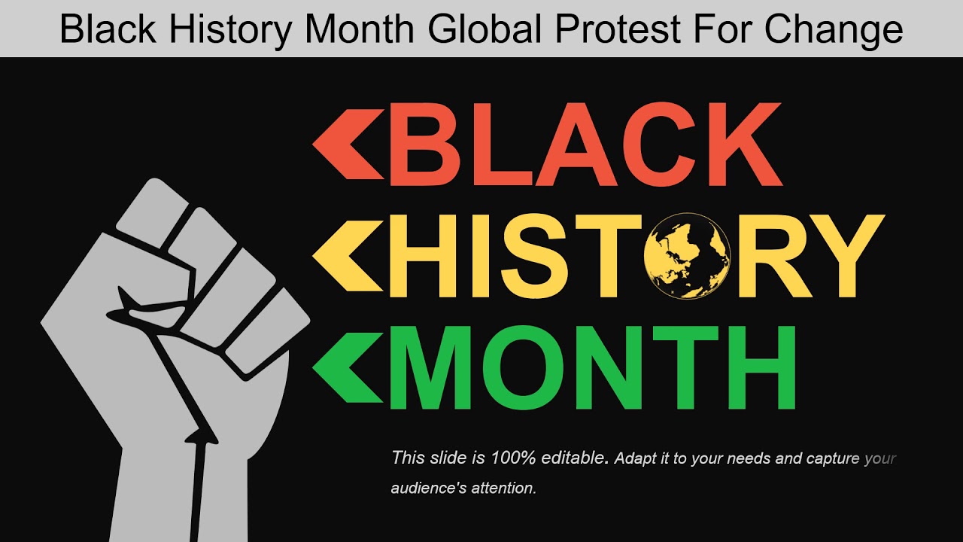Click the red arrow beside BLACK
(x=342, y=144)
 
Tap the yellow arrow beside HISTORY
(x=342, y=255)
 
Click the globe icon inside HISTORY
(x=687, y=255)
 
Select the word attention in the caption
(x=504, y=488)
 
